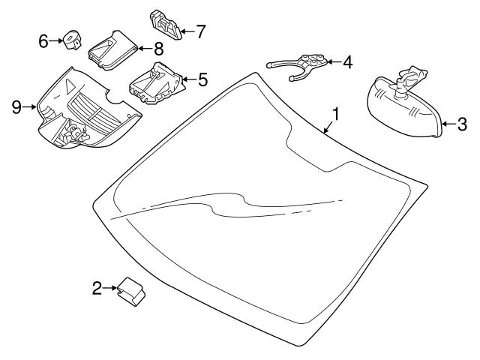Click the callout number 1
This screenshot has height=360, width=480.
point(337,115)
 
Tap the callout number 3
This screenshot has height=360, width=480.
point(462,124)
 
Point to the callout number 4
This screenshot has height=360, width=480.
point(347,62)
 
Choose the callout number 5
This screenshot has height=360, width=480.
point(202,78)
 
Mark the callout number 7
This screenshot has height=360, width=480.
point(200,31)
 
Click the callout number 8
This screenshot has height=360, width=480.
point(158,49)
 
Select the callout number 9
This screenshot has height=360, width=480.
point(16,107)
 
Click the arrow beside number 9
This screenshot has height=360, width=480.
point(30,107)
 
